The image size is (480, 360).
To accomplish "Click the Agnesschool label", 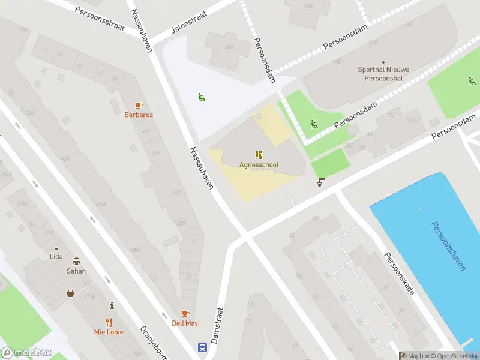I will tap(259, 165).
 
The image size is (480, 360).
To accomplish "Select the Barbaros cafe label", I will tap(139, 115).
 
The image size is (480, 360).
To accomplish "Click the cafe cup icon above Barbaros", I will tap(139, 105).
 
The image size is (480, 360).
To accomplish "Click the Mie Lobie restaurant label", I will tap(109, 331).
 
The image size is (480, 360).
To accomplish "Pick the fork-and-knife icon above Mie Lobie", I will tap(109, 322).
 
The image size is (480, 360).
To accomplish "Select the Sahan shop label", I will tap(76, 271).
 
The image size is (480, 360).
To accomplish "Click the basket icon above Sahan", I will tap(77, 261).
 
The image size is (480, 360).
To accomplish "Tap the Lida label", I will tap(56, 257).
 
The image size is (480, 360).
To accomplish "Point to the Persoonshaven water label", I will tap(448, 246).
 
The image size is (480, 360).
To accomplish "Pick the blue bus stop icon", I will tap(202, 347).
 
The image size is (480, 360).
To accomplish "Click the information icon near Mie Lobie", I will tap(111, 306).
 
